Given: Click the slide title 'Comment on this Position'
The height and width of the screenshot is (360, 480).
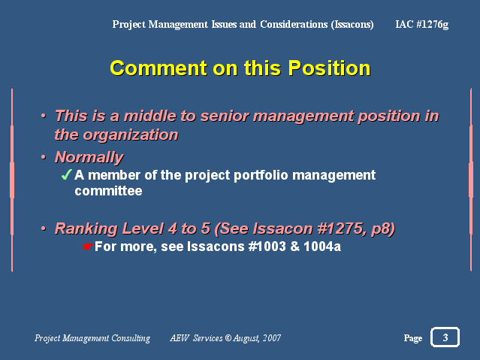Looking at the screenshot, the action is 240,68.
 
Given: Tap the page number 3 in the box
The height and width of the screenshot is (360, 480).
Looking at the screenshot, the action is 445,337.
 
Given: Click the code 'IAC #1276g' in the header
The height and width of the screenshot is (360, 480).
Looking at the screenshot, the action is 422,25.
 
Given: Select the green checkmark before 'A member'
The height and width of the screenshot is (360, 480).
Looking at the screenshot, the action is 67,174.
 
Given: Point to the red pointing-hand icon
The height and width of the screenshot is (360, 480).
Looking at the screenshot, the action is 88,247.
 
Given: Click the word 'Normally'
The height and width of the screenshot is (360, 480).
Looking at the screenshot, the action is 89,157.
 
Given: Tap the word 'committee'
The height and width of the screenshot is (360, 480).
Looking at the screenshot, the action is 108,191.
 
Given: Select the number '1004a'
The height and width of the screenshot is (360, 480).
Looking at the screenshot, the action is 322,247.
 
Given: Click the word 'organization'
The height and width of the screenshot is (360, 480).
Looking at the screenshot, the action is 131,135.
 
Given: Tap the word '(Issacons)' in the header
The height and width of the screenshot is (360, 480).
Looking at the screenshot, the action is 352,25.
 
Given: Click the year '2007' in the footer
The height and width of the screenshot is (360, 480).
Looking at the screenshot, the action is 271,338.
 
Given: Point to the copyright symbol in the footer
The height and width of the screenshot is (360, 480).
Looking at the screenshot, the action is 228,338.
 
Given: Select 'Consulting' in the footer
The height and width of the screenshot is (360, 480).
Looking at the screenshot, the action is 131,338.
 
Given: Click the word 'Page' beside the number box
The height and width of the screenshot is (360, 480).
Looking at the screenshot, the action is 413,338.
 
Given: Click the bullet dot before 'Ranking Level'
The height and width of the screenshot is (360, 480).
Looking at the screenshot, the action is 44,228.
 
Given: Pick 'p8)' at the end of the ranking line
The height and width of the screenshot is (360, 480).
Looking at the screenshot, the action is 383,229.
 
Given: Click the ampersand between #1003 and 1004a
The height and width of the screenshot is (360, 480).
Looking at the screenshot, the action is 294,247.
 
